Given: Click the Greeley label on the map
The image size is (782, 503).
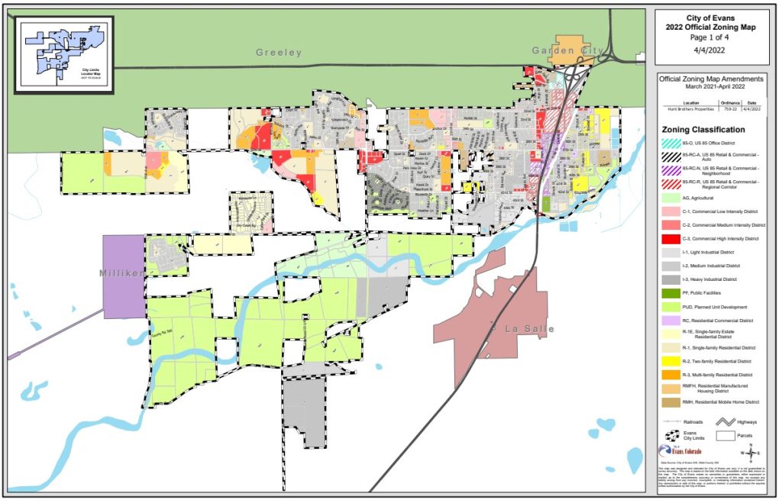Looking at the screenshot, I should click(x=279, y=53).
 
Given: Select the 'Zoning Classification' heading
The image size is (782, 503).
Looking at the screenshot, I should click(x=703, y=130).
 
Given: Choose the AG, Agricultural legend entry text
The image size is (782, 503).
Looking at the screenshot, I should click(x=703, y=198).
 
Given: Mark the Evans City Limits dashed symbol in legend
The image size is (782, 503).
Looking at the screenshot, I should click(x=672, y=436).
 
